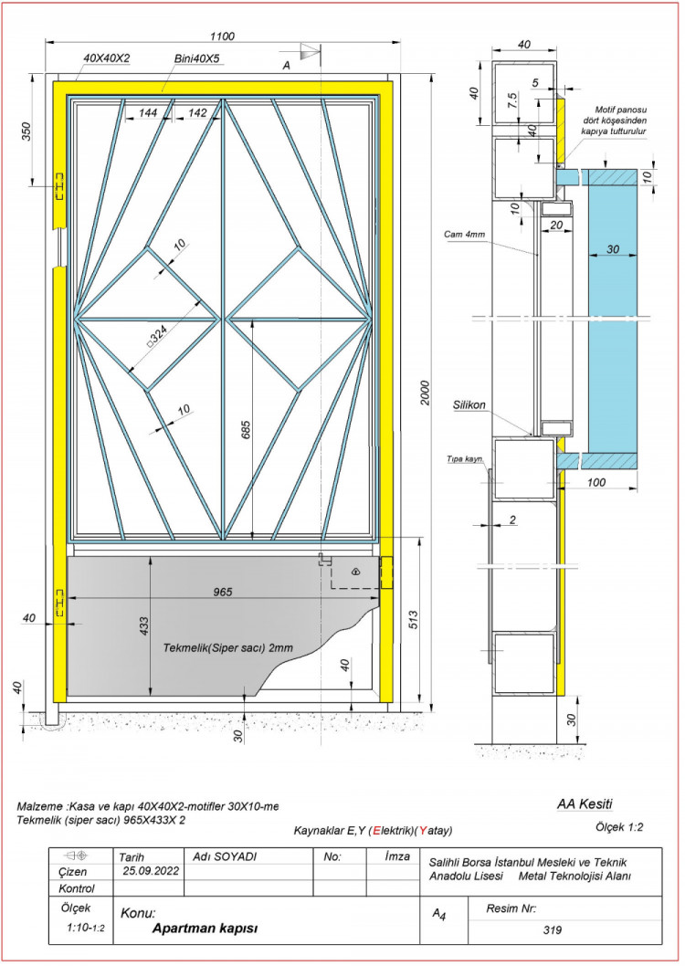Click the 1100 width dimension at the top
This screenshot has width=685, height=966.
coord(222,37)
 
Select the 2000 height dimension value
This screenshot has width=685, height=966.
coord(425,392)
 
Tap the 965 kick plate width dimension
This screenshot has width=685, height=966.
coord(222,592)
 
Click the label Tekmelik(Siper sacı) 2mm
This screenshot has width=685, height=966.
coord(228,648)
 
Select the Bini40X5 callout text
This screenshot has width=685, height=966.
coord(197,58)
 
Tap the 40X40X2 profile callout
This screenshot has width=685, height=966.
coord(107,58)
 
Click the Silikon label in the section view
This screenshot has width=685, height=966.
coord(469,404)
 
